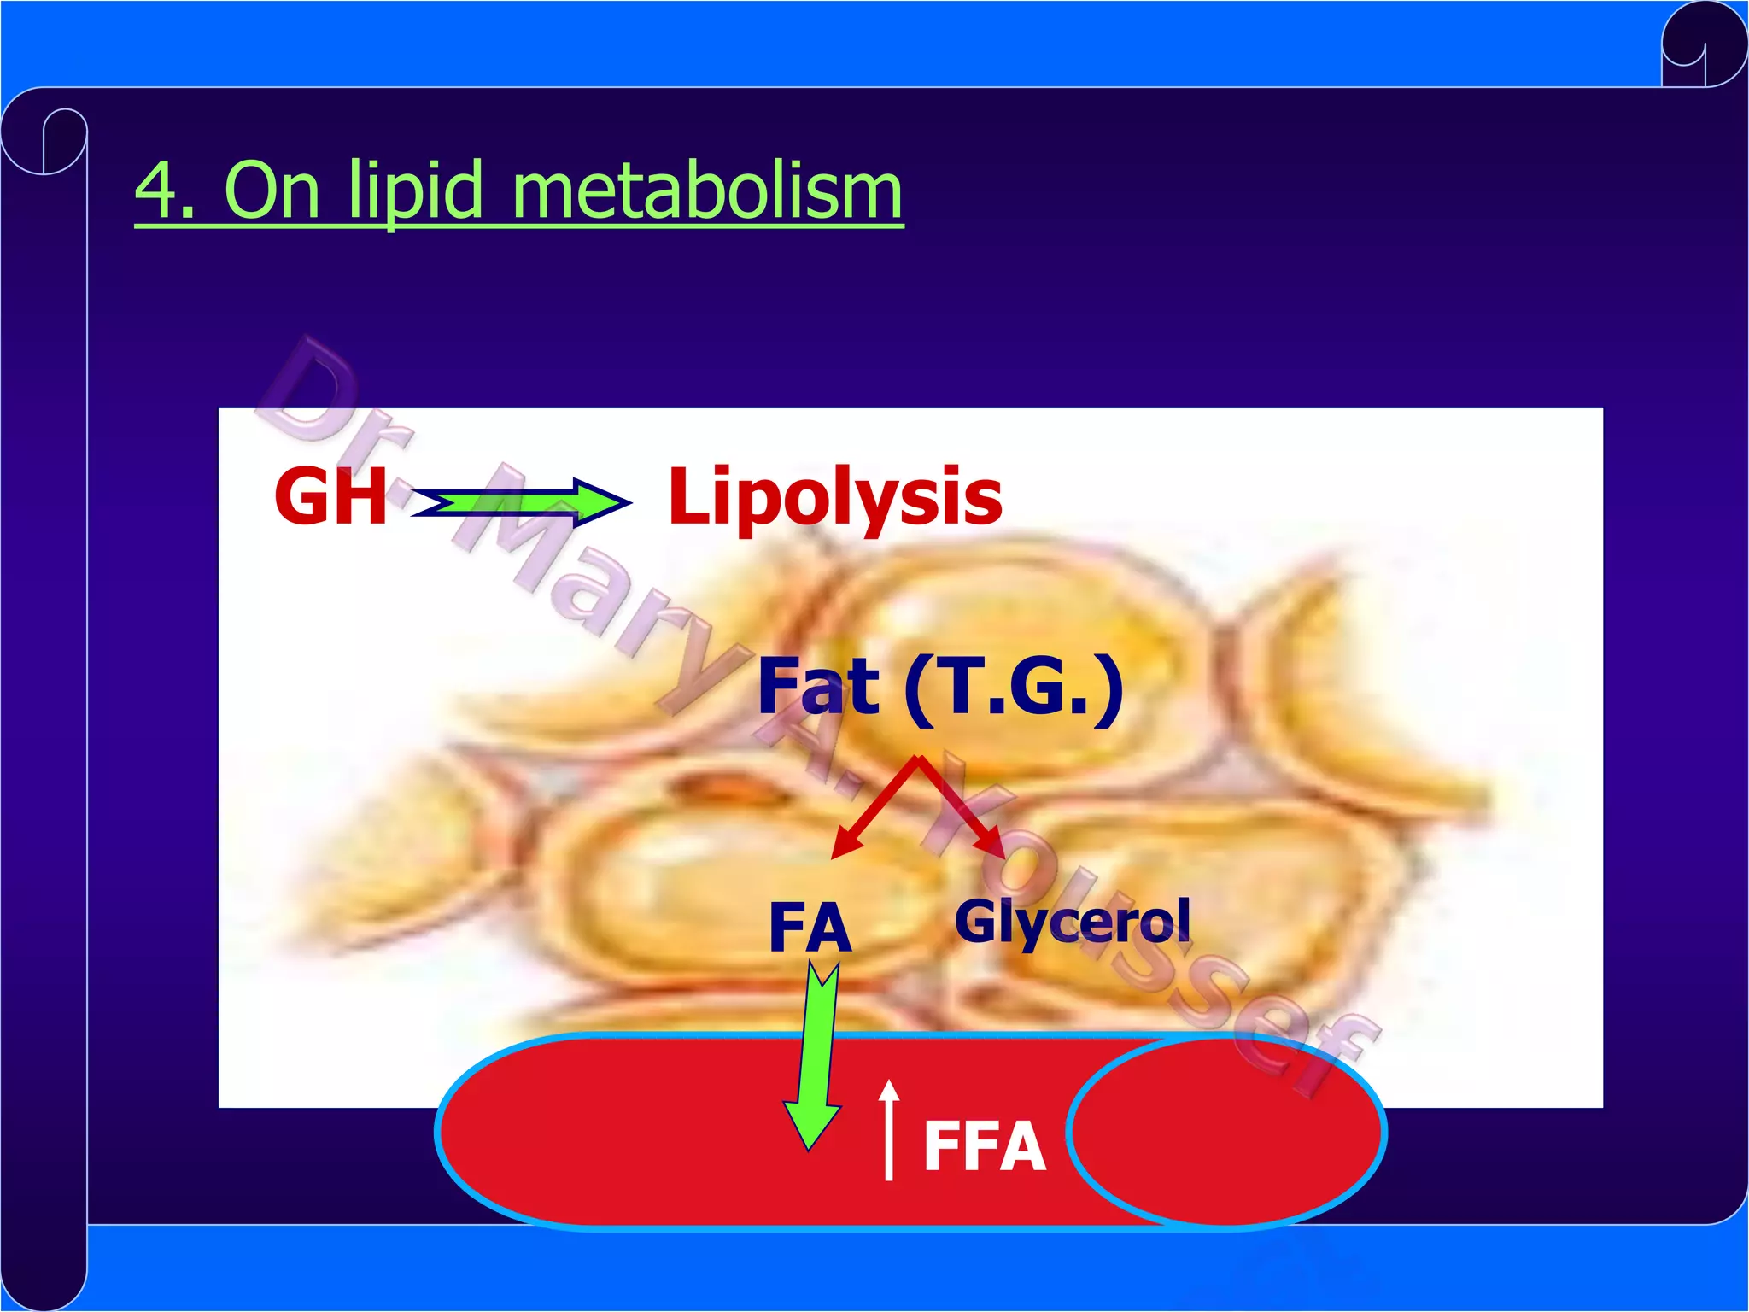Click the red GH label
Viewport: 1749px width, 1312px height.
point(330,496)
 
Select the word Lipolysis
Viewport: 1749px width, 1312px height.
point(834,496)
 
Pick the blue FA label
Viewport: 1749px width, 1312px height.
point(810,928)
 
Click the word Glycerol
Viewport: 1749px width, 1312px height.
point(1072,922)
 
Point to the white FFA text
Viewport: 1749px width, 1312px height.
point(985,1146)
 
